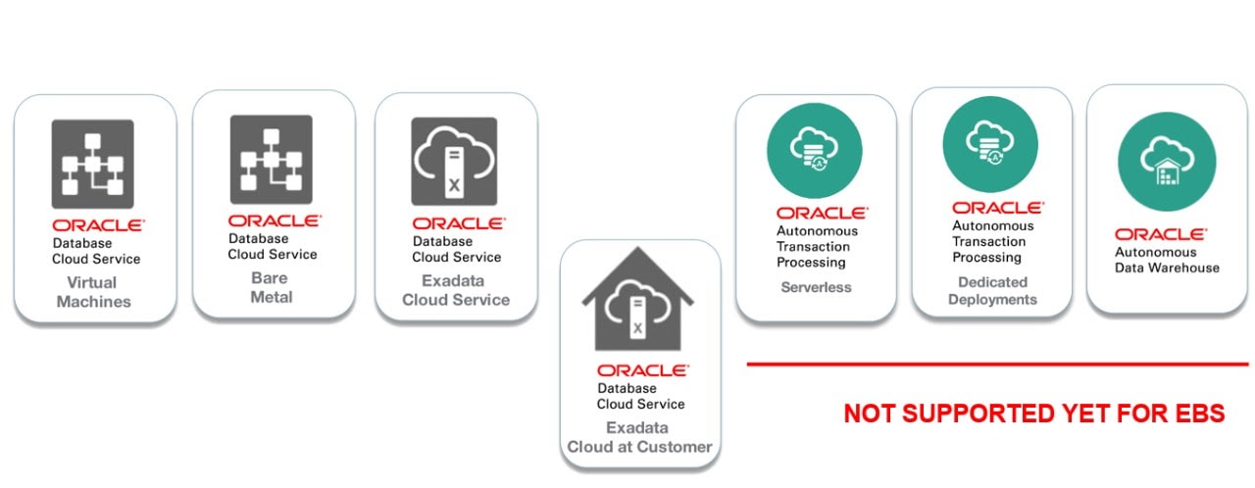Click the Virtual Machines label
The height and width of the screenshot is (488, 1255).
pos(93,292)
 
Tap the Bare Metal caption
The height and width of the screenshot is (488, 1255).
pos(271,287)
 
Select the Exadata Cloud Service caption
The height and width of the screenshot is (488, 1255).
pos(455,290)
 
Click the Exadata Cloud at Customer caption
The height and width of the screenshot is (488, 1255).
pos(638,437)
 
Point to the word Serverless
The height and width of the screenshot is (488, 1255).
pos(816,287)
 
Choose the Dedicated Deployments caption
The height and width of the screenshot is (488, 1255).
pos(991,290)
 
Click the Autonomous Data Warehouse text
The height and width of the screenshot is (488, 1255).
pos(1167,260)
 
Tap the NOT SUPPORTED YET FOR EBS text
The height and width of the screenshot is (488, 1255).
pos(1034,414)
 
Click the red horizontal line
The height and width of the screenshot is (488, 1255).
pos(997,365)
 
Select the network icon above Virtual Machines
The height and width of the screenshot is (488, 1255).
pos(92,163)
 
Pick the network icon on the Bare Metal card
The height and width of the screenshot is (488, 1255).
pos(271,159)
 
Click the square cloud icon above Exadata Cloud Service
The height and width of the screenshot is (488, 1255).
pos(454,161)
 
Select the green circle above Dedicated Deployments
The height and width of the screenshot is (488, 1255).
pos(990,143)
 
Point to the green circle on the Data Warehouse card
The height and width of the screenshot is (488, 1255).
pos(1167,161)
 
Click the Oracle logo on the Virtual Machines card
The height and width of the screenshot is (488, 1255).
pos(97,225)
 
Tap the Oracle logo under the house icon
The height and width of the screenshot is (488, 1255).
pos(643,370)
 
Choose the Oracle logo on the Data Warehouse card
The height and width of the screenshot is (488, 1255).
pos(1161,234)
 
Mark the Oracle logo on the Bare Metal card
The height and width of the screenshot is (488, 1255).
pos(275,220)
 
